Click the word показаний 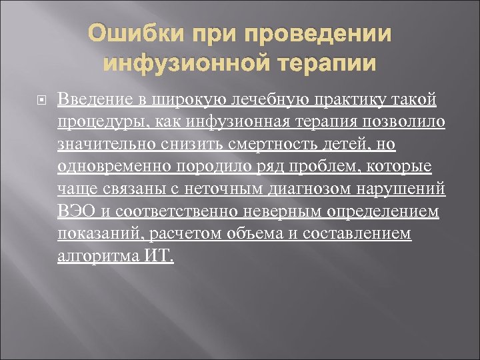click(101, 235)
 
